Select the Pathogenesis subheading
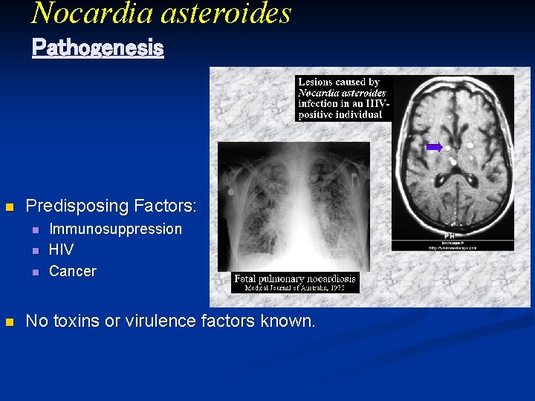click(97, 48)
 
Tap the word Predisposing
click(75, 206)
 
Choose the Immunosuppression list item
click(115, 229)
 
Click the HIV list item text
click(61, 250)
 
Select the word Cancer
click(72, 271)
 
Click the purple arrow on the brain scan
click(434, 147)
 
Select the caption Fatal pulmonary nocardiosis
click(295, 279)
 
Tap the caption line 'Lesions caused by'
click(339, 82)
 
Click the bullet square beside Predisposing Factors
click(10, 206)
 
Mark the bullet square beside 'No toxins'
click(10, 322)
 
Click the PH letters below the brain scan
click(450, 235)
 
